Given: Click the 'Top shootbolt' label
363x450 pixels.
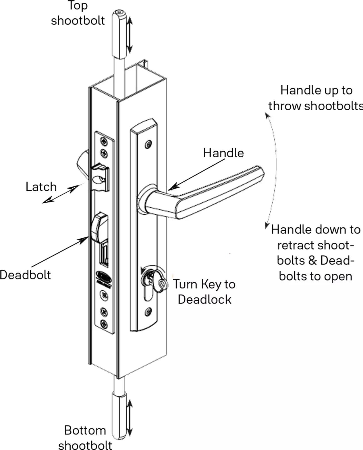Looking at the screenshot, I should point(78,13).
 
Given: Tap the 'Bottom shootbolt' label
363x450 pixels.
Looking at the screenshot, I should point(85,437).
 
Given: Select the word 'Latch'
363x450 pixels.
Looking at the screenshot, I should point(41,187).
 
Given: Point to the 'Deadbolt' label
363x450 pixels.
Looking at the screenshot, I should point(25,275).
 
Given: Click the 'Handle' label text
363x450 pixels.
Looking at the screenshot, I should point(223,153).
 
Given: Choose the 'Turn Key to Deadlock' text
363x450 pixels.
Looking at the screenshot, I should point(204,291).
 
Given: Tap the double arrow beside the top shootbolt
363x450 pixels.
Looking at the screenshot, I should point(130,34).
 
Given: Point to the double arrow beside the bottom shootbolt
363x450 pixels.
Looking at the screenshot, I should point(130,418).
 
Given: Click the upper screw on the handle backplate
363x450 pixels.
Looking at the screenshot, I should point(148,144).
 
